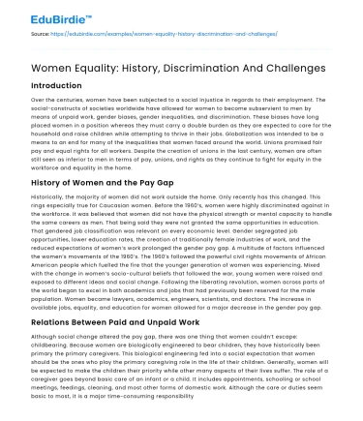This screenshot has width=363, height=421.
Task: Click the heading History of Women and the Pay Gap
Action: click(119, 181)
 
